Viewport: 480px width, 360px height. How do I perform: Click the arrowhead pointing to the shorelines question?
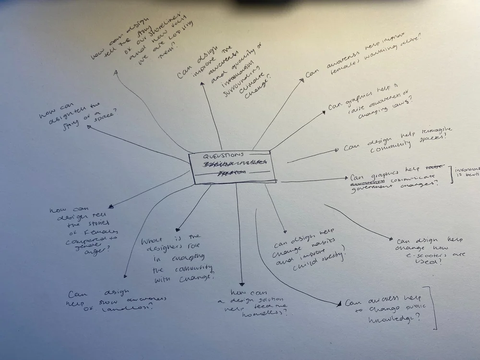pyautogui.click(x=116, y=72)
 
